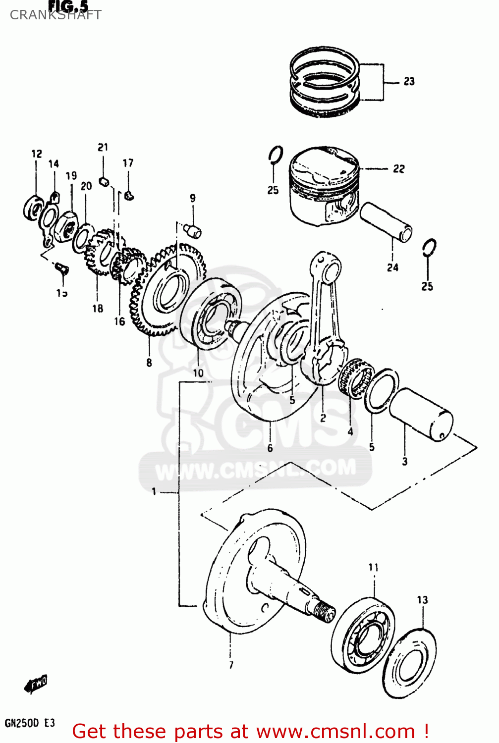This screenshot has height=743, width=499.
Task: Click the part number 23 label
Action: point(409,81)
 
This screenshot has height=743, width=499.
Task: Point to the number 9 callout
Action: point(193,198)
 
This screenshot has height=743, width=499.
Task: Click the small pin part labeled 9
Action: point(192,230)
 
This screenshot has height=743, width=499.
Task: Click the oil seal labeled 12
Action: point(33,208)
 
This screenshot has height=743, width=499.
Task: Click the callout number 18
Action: point(98,308)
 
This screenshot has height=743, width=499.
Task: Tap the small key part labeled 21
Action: point(104,180)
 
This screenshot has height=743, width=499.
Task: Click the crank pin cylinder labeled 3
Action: point(421,414)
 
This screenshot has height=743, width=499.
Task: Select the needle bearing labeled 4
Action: point(356,379)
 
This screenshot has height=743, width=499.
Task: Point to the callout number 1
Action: point(154,491)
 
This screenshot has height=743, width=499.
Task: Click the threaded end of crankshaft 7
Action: point(325,613)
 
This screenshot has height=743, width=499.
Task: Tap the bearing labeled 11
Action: point(363,634)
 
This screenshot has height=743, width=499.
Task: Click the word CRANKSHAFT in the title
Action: point(55,15)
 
